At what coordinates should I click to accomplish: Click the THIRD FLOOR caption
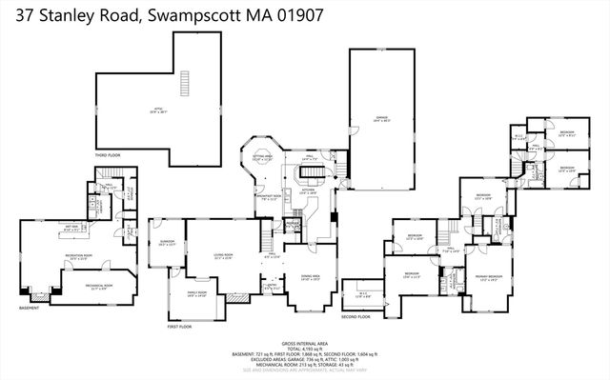[107, 153]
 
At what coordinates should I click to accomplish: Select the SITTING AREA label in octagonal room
[262, 158]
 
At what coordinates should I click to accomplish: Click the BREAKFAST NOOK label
[268, 198]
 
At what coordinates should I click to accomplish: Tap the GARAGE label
[381, 117]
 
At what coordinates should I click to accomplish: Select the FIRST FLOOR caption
[180, 326]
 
